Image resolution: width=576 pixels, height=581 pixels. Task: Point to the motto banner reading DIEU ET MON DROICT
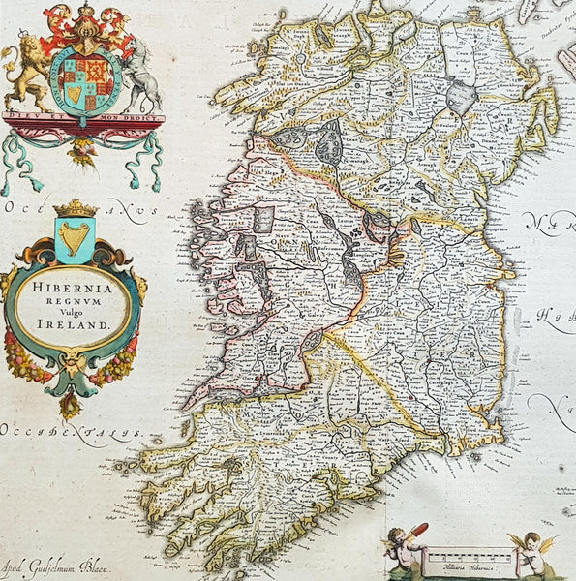point(83,118)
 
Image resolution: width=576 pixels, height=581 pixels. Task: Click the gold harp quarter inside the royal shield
point(75,93)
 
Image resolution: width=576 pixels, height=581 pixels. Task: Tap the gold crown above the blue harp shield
point(75,208)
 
